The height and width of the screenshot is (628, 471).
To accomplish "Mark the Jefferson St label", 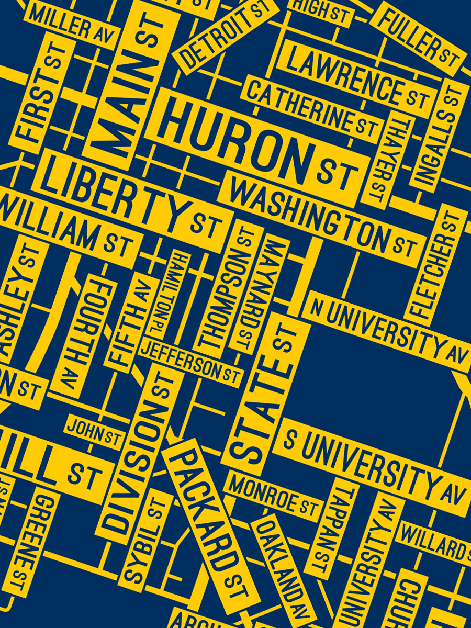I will pos(191,362).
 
